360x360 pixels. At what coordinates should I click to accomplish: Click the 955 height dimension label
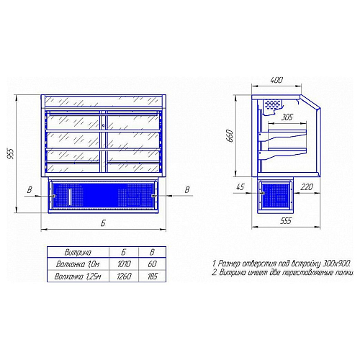coord(11,153)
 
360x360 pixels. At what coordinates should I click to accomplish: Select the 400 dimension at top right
coord(276,80)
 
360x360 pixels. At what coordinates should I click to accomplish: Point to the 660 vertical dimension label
coord(230,136)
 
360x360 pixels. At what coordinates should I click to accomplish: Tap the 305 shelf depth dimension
coord(287,117)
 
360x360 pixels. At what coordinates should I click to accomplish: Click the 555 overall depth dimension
coord(286,220)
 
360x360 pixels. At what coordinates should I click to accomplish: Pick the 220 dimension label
coord(307,186)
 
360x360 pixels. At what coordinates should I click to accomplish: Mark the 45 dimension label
coord(240,187)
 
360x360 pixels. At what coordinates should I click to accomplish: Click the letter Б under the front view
coord(103,223)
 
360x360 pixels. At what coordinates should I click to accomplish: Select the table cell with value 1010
coord(124,264)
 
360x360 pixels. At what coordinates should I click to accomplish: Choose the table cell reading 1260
coord(124,276)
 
